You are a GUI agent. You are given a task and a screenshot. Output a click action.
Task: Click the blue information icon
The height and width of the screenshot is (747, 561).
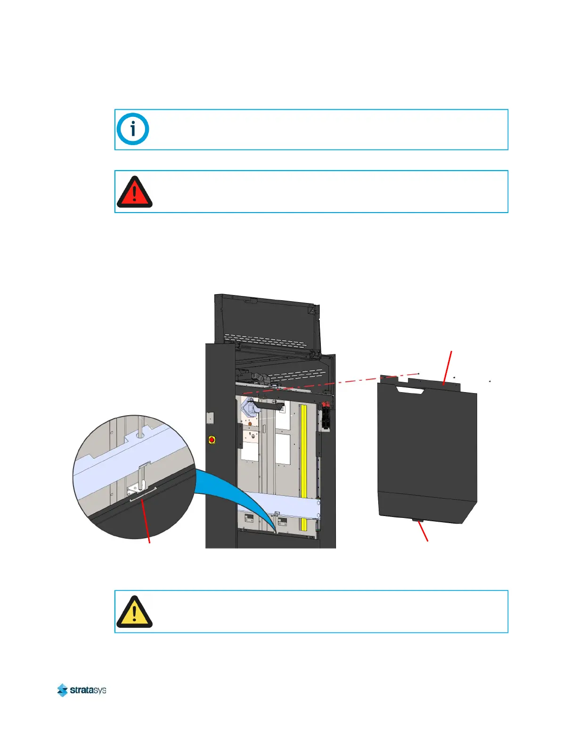click(133, 129)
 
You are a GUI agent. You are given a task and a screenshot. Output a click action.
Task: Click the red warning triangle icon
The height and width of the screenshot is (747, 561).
click(134, 192)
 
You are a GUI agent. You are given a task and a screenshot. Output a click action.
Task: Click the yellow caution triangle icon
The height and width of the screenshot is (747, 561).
click(134, 612)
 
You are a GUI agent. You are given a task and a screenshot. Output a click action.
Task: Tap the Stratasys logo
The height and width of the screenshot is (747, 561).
click(81, 690)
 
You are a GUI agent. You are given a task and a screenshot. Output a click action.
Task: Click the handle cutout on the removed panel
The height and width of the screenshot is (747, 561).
click(411, 389)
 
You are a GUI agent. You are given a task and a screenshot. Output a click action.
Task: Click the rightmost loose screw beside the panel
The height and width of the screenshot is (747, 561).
click(490, 381)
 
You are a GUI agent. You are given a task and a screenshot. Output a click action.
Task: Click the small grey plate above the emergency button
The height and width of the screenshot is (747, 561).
click(211, 418)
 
